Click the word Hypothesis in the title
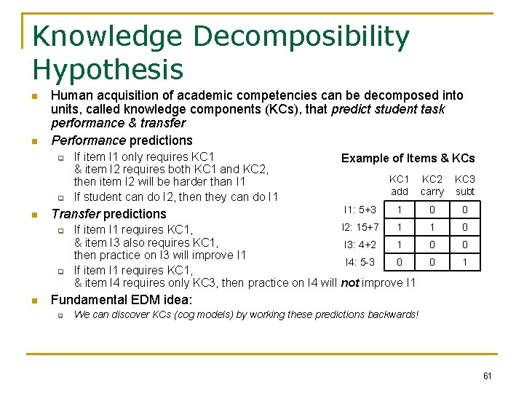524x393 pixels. point(108,71)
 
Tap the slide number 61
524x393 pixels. point(487,376)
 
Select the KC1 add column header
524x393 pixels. point(399,186)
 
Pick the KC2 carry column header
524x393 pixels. point(432,186)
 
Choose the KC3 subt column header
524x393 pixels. point(464,186)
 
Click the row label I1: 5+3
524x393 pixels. point(360,210)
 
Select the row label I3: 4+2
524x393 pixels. point(360,245)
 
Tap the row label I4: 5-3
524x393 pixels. point(360,262)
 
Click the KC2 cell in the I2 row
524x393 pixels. point(432,228)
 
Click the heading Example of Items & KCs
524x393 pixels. point(408,158)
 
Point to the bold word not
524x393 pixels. point(350,283)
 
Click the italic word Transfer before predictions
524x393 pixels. point(75,214)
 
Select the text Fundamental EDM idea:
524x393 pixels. point(122,300)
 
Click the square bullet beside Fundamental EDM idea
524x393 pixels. point(34,301)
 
